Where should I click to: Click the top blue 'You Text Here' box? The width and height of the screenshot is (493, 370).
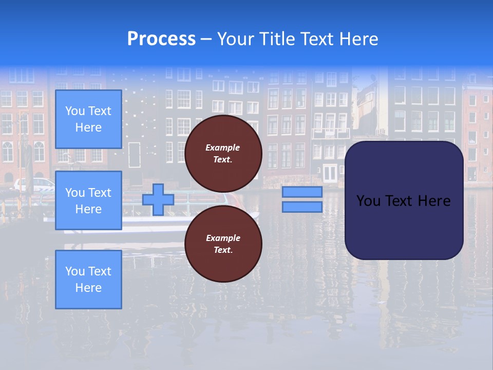pyautogui.click(x=88, y=119)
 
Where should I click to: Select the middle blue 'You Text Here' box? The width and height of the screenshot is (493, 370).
pyautogui.click(x=88, y=200)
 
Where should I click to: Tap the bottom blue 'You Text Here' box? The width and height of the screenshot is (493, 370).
pyautogui.click(x=88, y=279)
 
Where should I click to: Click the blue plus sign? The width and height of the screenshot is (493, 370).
pyautogui.click(x=158, y=199)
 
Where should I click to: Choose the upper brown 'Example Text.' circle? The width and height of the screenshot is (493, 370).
pyautogui.click(x=223, y=154)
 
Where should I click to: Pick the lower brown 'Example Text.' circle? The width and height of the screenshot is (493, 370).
pyautogui.click(x=223, y=244)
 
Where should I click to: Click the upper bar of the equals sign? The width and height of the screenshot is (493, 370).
pyautogui.click(x=302, y=192)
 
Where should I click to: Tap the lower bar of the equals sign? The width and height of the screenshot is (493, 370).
pyautogui.click(x=302, y=207)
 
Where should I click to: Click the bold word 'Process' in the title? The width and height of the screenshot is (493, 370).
pyautogui.click(x=161, y=39)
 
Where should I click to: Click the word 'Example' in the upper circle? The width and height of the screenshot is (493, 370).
pyautogui.click(x=223, y=147)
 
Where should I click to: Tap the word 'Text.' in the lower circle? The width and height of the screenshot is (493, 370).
pyautogui.click(x=223, y=250)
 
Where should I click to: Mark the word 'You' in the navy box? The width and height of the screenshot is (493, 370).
pyautogui.click(x=368, y=201)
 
